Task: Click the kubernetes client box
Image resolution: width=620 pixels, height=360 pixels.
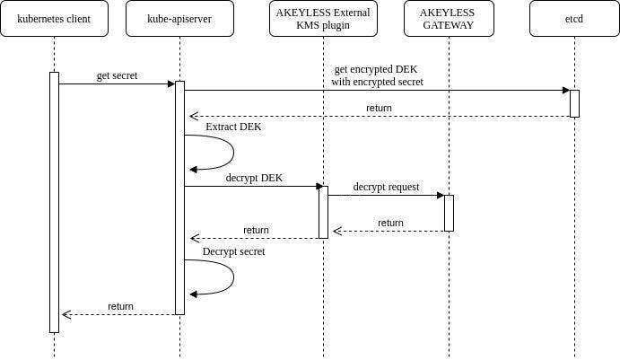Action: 54,19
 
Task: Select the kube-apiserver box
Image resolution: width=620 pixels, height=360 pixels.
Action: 179,19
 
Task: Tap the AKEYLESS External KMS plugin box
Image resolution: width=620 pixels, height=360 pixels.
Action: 323,19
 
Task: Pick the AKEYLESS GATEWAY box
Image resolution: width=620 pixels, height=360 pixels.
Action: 449,19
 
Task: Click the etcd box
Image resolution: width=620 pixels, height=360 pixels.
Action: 574,19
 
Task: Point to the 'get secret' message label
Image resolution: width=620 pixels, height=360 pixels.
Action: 117,75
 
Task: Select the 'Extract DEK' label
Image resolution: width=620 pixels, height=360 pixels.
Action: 233,127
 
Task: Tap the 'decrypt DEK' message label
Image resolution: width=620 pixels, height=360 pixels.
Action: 254,178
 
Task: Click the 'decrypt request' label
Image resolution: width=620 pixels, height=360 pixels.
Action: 386,187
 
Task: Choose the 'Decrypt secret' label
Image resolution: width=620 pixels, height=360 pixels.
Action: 233,251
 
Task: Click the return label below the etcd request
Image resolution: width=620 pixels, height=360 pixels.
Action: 379,108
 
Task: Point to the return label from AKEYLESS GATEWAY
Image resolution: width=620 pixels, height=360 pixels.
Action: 390,223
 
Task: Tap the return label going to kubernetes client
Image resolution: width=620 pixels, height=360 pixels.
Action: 120,306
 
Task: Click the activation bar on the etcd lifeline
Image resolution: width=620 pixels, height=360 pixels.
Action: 574,103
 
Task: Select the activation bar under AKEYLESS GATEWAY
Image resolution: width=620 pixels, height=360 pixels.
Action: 449,213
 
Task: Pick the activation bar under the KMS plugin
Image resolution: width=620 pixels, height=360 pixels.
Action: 323,212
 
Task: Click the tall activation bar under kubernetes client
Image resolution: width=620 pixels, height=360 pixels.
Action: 54,202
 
